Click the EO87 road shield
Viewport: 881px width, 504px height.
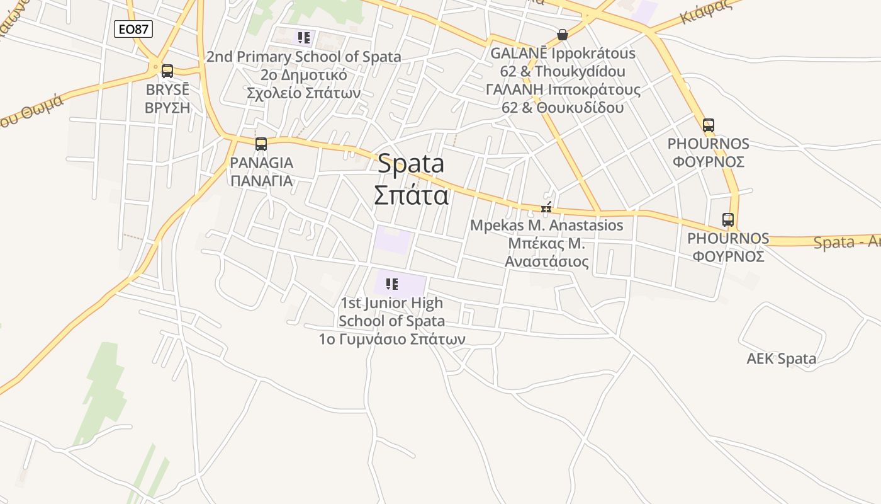tap(133, 28)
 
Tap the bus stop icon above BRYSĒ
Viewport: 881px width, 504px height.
tap(167, 71)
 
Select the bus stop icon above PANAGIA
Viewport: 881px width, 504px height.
tap(261, 144)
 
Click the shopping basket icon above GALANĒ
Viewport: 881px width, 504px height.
tap(563, 35)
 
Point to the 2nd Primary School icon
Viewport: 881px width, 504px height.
tap(304, 38)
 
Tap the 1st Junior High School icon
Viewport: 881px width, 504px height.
tap(392, 284)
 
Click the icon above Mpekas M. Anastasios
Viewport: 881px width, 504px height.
tap(546, 208)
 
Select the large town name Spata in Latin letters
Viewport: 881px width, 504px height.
tap(411, 164)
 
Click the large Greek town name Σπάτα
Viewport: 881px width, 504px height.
tap(411, 195)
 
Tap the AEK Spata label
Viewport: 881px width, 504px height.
tap(781, 359)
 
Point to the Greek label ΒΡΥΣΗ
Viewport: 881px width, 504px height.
tap(167, 107)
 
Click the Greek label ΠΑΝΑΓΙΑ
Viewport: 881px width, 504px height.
tap(261, 181)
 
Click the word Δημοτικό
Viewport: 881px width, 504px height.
tap(312, 75)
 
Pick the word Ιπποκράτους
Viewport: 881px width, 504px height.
tap(593, 89)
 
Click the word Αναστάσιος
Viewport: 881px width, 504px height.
tap(547, 261)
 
